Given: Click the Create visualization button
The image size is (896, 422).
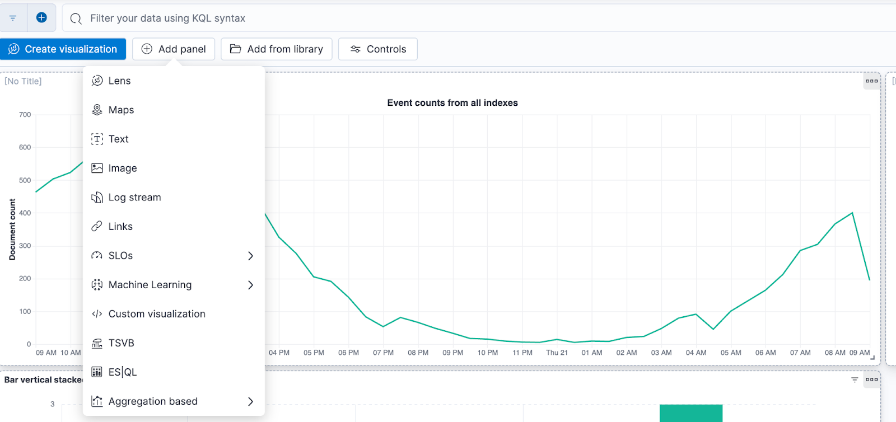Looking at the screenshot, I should tap(63, 49).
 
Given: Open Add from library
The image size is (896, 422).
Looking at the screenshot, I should tap(277, 49).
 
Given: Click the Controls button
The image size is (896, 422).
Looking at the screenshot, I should tap(378, 49).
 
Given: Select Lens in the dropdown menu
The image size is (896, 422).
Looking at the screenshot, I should tap(119, 81).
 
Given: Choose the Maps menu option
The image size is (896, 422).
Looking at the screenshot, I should tap(121, 110).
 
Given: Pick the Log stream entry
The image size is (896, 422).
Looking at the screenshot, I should tap(134, 197).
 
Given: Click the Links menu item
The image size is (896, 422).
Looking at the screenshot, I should tap(120, 226).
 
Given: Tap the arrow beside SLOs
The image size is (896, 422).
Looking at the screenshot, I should tap(250, 256).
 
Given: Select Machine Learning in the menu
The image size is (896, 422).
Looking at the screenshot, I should tap(150, 285).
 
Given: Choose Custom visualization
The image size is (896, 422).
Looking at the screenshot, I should tap(157, 314).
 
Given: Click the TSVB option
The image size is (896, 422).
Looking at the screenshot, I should tap(121, 343).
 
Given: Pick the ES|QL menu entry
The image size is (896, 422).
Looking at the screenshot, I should tap(123, 372).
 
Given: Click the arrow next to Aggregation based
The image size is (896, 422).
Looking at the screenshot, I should tap(250, 401).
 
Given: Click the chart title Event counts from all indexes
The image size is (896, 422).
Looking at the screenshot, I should tap(452, 103).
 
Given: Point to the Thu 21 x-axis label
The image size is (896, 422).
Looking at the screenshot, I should tap(557, 353).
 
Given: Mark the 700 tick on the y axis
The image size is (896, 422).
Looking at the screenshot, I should tap(25, 115).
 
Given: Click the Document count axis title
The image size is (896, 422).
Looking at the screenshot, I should tap(12, 229).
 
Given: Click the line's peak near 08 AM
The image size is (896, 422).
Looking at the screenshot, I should tap(852, 213).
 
